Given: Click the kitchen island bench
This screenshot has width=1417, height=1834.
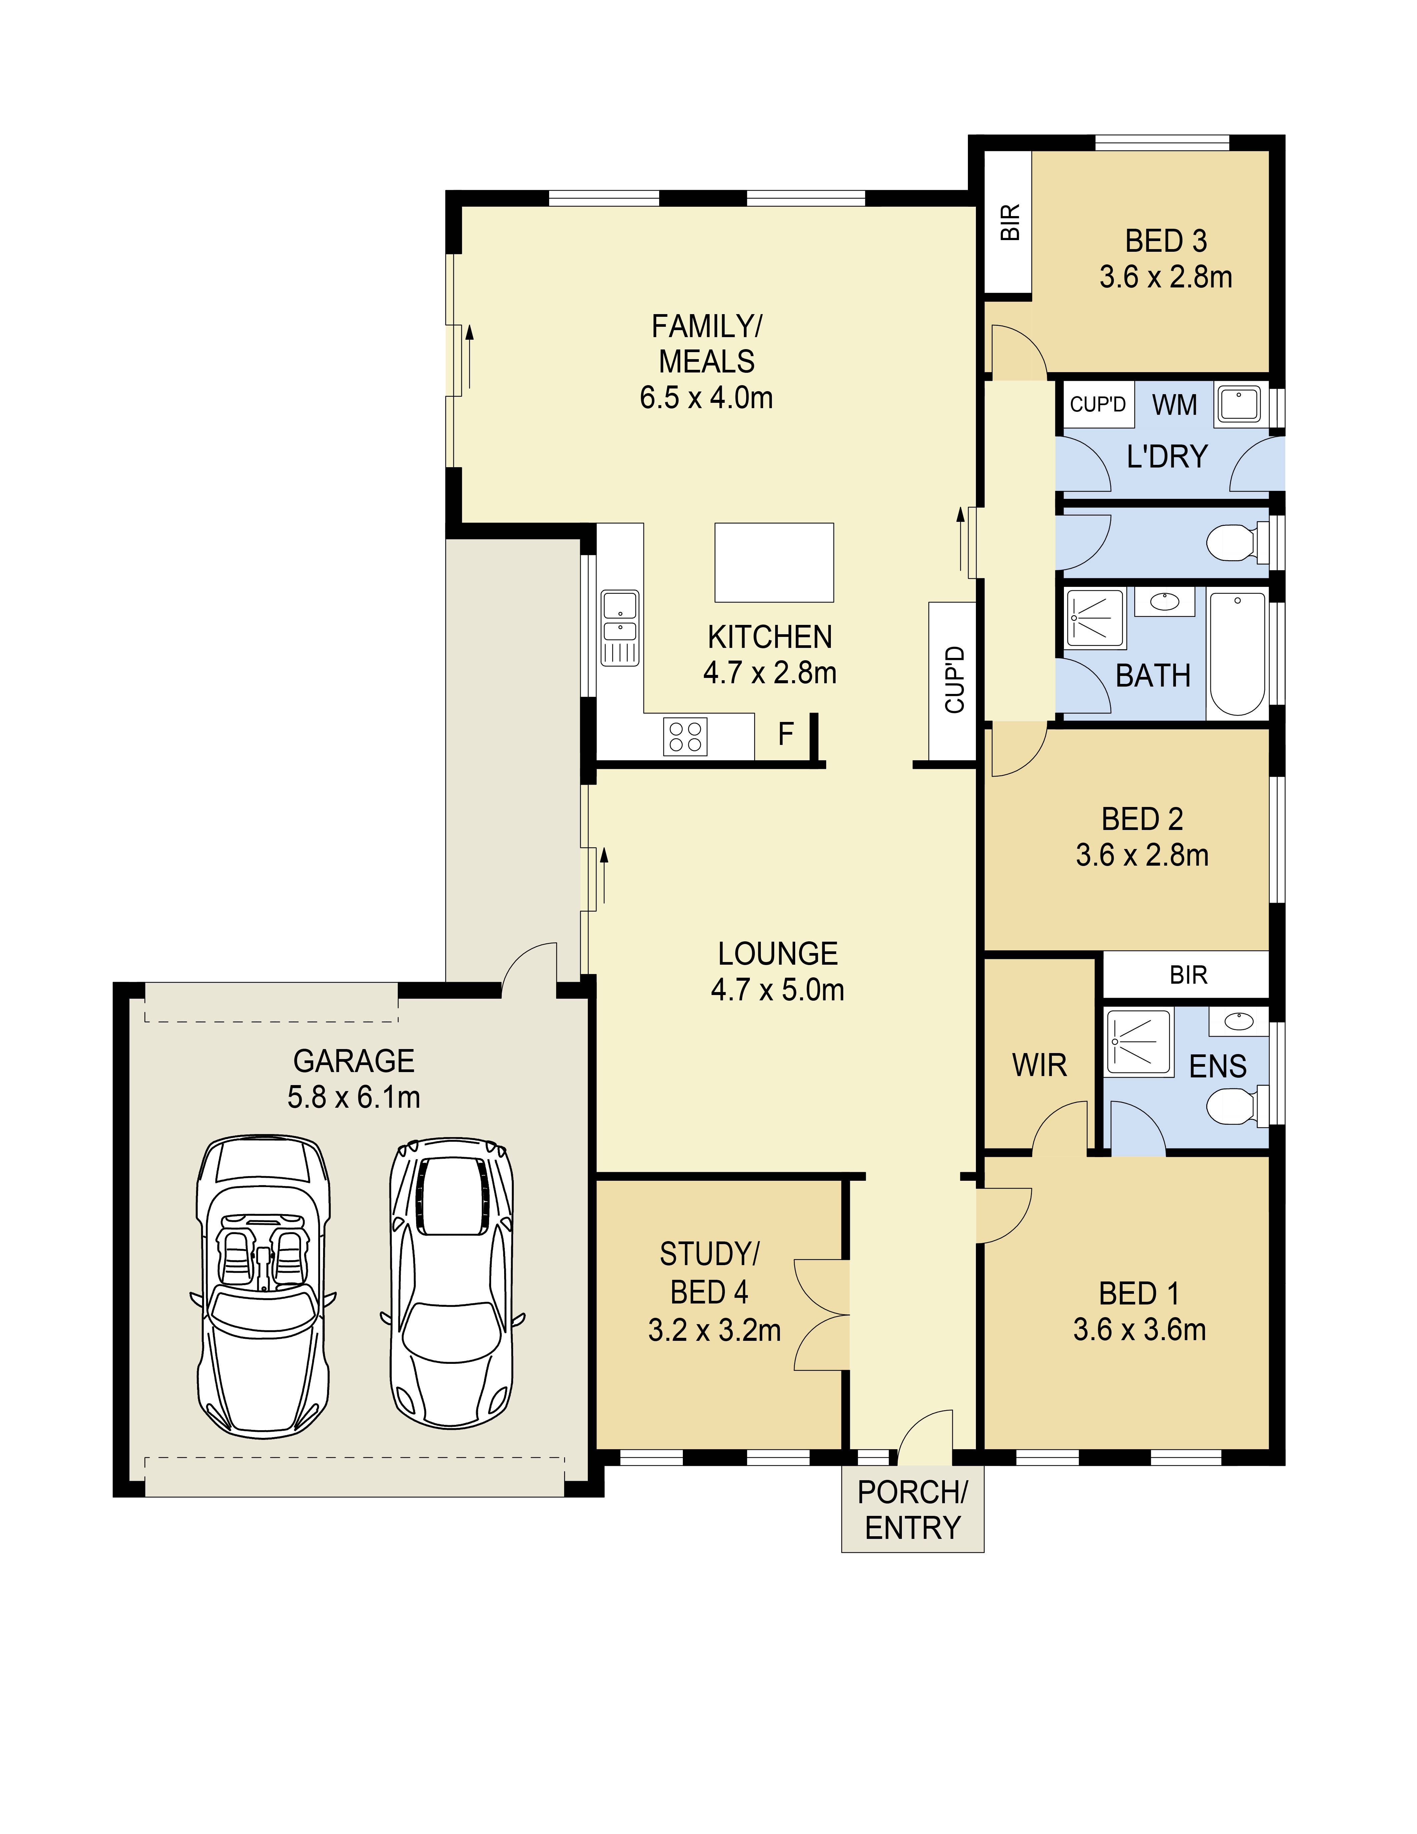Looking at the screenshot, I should point(773,563).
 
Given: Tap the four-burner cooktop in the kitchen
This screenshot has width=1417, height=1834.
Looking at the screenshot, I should point(685,737).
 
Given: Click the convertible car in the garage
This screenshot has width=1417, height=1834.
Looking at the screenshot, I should point(263,1285).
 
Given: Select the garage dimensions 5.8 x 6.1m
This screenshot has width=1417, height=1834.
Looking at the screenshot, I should point(353,1097).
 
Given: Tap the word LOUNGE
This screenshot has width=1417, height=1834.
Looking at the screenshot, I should point(777,954).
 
